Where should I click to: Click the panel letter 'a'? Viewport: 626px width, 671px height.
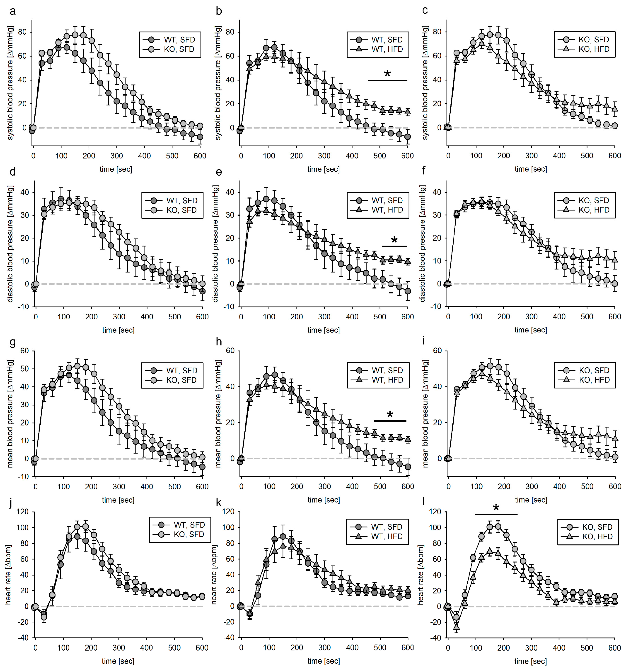13,11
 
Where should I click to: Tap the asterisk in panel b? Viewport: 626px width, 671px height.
387,74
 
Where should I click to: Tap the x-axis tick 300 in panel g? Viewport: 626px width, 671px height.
119,487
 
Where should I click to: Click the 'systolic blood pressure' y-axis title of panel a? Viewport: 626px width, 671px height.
10,83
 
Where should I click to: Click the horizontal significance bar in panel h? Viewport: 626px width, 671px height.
390,421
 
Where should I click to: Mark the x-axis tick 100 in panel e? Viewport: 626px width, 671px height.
269,317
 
